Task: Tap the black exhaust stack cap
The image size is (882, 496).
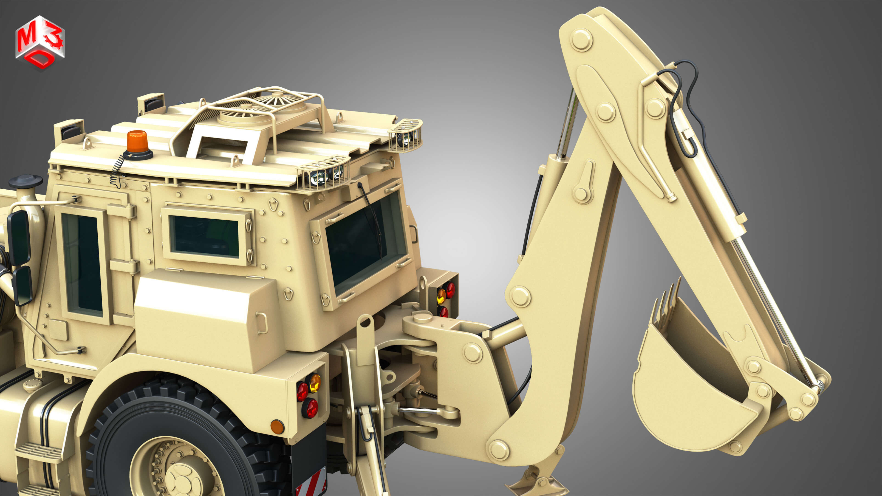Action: [x=26, y=181]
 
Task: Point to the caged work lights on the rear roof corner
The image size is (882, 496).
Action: [x=324, y=175]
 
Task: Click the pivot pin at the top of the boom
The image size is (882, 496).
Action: [x=581, y=40]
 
